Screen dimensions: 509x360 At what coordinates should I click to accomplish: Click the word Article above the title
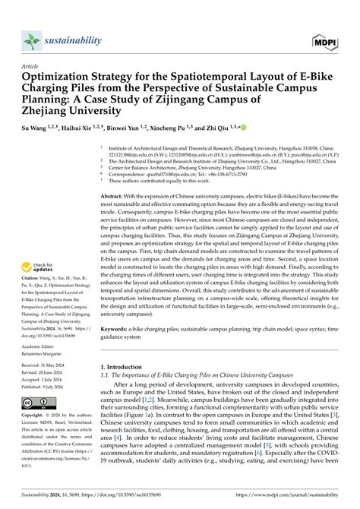(x=32, y=66)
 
